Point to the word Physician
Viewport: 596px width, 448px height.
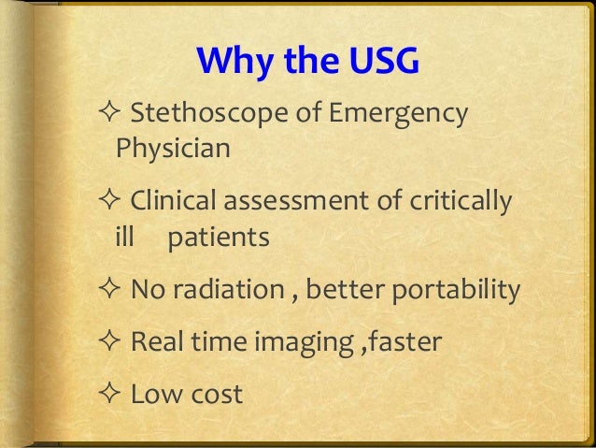click(173, 147)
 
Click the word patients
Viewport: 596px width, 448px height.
click(219, 238)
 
